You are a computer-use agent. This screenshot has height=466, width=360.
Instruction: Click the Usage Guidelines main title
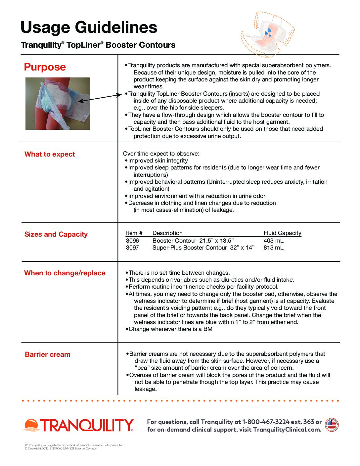coord(89,27)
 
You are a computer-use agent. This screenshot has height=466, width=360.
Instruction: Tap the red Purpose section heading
coord(45,67)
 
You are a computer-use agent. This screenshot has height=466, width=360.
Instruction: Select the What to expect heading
coord(50,154)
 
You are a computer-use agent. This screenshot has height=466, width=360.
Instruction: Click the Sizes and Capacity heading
coord(56,234)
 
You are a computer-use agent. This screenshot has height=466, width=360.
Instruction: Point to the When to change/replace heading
coord(65,273)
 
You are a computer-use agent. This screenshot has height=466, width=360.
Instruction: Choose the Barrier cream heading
coord(48,354)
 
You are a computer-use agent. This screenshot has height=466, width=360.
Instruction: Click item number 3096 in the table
coord(132,241)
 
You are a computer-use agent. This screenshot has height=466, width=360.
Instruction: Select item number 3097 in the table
coord(132,248)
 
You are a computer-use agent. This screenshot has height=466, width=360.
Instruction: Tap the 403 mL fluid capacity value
coord(273,241)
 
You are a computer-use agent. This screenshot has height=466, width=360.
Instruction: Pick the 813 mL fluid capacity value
coord(273,248)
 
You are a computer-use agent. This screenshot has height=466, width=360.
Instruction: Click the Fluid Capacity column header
coord(282,233)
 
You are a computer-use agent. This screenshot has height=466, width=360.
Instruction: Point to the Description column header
coord(167,233)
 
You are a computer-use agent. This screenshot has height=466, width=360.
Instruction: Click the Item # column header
coord(134,233)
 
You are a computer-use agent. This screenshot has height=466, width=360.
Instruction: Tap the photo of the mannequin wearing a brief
coord(58,104)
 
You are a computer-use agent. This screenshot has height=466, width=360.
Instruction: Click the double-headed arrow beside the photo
coord(100,98)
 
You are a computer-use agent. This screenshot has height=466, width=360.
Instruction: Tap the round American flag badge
coord(332,425)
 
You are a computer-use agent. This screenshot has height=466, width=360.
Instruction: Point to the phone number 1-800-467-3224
coord(266,422)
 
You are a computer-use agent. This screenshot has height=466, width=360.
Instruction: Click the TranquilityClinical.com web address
coord(287,430)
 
